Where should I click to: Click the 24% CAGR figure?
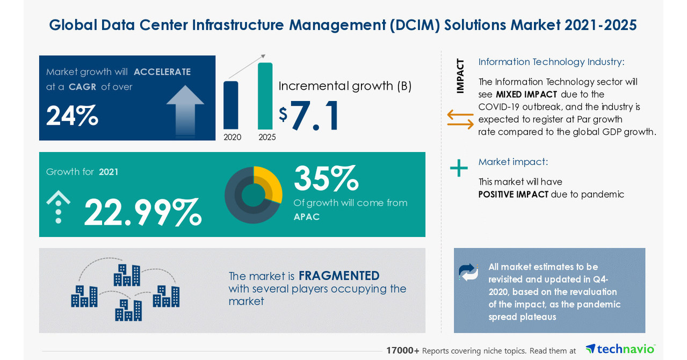click(72, 116)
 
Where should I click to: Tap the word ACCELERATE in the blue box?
click(162, 72)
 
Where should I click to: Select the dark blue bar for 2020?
click(230, 105)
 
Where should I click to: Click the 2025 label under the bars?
click(267, 138)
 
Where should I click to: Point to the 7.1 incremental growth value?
click(315, 115)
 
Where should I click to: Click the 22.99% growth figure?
click(142, 212)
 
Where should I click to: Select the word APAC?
click(307, 217)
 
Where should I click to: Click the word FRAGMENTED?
click(339, 276)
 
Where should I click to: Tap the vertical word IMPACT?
click(460, 76)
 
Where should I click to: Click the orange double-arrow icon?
click(460, 119)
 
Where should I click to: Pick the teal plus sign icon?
click(459, 168)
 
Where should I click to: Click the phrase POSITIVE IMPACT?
click(513, 195)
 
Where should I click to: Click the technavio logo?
click(620, 349)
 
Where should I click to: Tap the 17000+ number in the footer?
click(402, 350)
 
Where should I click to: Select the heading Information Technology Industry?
click(551, 62)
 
